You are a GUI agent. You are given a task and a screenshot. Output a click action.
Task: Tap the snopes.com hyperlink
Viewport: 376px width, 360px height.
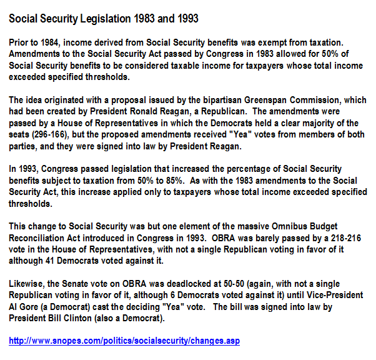pos(124,341)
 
